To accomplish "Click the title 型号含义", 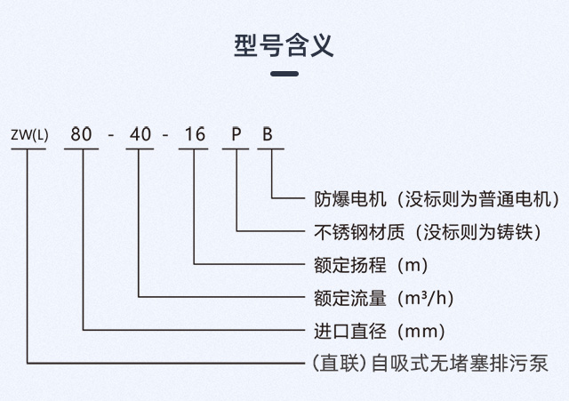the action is pos(284,45).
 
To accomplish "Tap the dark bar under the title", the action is pos(284,74).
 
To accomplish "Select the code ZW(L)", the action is pos(29,134).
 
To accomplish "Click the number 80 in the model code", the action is pos(81,134).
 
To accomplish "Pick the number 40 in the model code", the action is pos(140,134).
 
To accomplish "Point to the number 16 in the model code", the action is pos(195,134).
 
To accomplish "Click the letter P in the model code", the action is pos(236,134).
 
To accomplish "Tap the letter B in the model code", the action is pos(268,134).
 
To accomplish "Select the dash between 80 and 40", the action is pos(111,136).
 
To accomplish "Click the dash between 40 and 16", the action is pos(165,136).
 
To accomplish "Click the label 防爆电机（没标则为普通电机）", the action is pos(437,199).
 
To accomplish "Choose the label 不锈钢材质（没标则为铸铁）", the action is pos(428,232).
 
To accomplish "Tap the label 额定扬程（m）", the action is pos(371,265).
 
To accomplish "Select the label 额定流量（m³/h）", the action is pos(384,298).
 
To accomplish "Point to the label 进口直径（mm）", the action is pos(380,332).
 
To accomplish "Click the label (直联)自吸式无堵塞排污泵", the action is pos(430,364).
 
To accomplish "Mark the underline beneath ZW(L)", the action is pos(28,148).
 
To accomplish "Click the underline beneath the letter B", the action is pos(270,148).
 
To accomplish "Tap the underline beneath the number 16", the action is pos(194,148).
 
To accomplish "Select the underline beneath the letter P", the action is pos(236,148).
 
